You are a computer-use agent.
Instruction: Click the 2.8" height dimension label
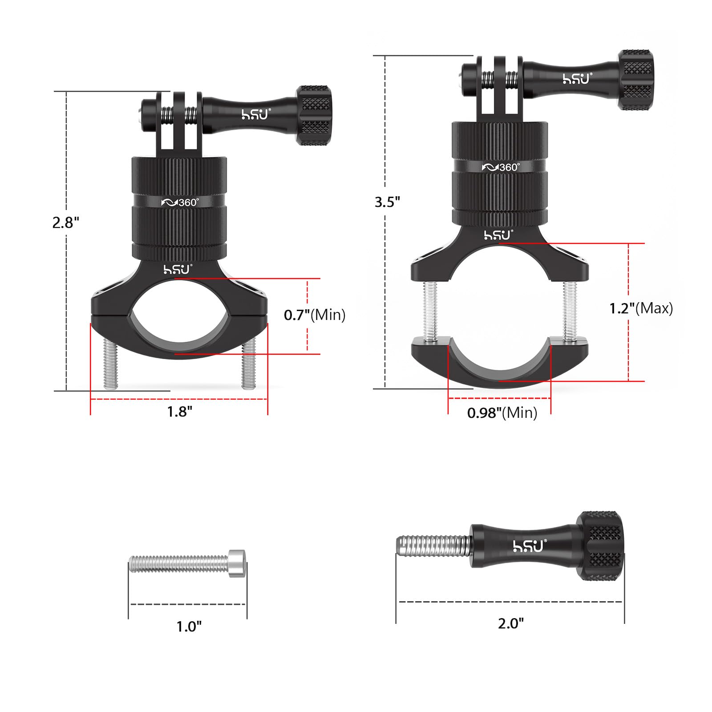pyautogui.click(x=66, y=222)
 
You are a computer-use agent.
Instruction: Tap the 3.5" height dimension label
pyautogui.click(x=387, y=202)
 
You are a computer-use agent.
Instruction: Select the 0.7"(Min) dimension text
pyautogui.click(x=315, y=315)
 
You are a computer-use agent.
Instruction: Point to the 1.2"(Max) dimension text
pyautogui.click(x=641, y=308)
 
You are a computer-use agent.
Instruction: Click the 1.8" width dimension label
pyautogui.click(x=179, y=412)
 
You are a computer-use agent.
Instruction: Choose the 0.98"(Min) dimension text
pyautogui.click(x=502, y=413)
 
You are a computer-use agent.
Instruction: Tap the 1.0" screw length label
pyautogui.click(x=189, y=627)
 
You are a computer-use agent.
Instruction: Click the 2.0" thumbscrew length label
pyautogui.click(x=511, y=623)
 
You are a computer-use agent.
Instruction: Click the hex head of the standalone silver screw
pyautogui.click(x=237, y=563)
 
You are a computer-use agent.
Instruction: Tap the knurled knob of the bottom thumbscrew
pyautogui.click(x=601, y=546)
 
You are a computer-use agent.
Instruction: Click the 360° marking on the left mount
pyautogui.click(x=180, y=202)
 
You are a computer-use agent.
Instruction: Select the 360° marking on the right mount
pyautogui.click(x=501, y=167)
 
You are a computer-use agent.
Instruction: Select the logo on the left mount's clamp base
pyautogui.click(x=177, y=269)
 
